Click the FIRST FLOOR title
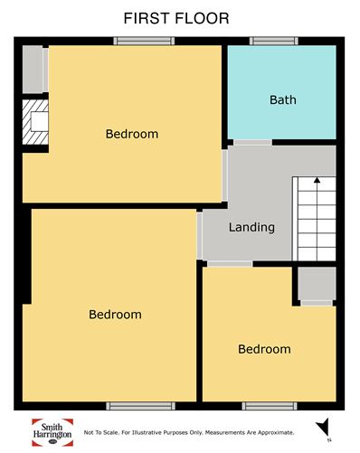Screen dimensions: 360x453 [176, 18]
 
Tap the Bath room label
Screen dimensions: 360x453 [283, 99]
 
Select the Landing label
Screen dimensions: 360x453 [251, 227]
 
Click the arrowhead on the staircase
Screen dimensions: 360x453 [317, 180]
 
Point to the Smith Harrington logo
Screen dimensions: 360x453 [52, 432]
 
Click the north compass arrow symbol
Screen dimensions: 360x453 [323, 427]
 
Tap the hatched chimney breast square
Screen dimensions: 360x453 [35, 122]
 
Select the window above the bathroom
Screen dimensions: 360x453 [274, 41]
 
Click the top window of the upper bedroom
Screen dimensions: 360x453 [144, 41]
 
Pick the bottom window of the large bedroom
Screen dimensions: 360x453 [140, 406]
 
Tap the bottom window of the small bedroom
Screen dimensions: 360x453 [270, 406]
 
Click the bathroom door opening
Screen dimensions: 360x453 [252, 142]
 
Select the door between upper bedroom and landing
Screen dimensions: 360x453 [224, 175]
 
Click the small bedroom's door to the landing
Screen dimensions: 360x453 [230, 264]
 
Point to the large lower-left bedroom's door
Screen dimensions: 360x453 [199, 235]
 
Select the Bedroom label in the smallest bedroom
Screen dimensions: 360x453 [264, 349]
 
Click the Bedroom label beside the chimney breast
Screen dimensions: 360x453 [132, 134]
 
